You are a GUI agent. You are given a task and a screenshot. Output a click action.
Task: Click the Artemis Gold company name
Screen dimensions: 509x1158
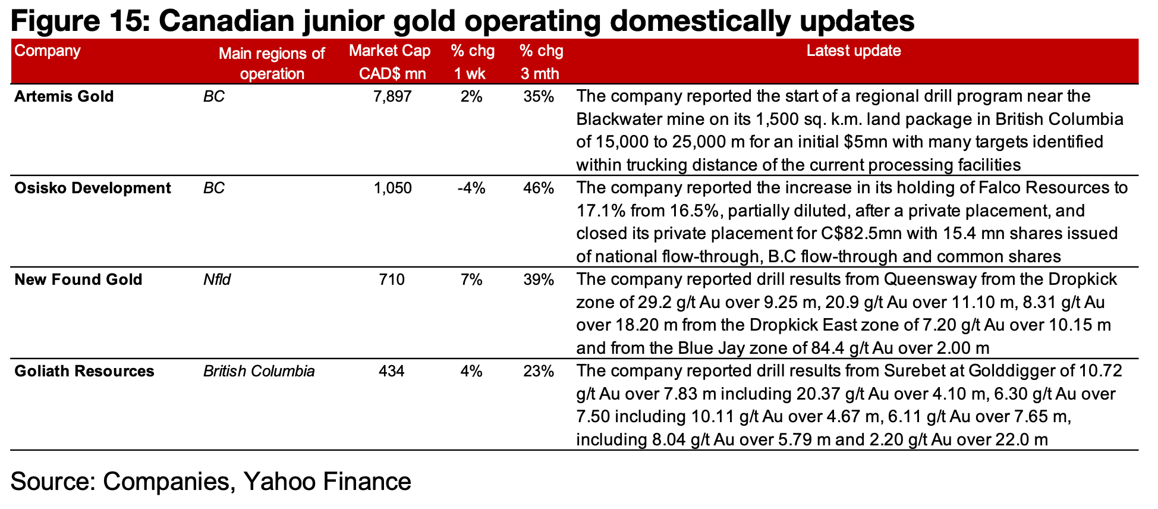coord(64,96)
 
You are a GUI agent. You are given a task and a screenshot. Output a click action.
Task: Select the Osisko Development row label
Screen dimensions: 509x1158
coord(92,188)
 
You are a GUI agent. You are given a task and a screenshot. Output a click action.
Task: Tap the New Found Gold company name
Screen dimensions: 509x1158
coord(78,279)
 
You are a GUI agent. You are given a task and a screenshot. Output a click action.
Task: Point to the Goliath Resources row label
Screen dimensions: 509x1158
coord(84,371)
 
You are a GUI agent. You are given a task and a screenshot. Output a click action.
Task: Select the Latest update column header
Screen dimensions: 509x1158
coord(853,51)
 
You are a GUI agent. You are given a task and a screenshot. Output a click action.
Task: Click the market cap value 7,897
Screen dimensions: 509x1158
coord(392,96)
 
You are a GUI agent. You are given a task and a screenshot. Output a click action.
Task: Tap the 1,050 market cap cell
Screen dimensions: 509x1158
coord(392,188)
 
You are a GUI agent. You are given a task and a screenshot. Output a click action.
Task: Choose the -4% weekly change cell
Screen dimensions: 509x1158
coord(471,188)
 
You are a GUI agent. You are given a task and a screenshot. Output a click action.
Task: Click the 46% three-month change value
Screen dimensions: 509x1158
coord(539,188)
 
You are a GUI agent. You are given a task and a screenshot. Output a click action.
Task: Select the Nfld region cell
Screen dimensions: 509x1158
coord(216,279)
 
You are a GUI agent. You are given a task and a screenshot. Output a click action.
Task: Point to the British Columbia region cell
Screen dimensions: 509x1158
coord(259,371)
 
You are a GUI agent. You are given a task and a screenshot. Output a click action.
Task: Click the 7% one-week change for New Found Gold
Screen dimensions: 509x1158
coord(471,279)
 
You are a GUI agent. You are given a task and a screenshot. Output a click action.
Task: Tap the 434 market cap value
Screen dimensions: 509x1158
coord(392,371)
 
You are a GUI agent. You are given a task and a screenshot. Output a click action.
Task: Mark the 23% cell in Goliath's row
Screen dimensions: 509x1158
coord(539,371)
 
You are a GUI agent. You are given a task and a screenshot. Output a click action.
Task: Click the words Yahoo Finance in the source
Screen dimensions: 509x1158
coord(327,481)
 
